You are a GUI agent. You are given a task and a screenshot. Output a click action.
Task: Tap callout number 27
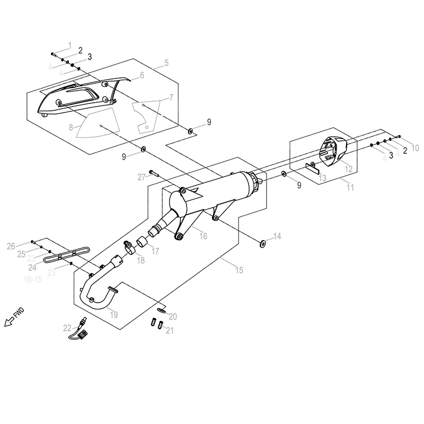pos(142,176)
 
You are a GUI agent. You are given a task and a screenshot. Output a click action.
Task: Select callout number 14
pos(277,236)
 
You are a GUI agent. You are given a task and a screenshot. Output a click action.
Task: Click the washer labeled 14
pos(262,243)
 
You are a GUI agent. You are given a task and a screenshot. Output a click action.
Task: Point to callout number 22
pos(67,328)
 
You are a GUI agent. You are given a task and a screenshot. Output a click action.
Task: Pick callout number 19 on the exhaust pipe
pos(113,314)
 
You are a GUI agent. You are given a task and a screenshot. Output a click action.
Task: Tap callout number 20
pos(173,316)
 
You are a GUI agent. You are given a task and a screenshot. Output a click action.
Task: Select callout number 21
pos(170,331)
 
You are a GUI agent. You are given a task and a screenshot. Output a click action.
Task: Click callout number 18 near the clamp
pos(140,260)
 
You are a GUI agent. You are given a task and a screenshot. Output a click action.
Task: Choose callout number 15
pos(239,270)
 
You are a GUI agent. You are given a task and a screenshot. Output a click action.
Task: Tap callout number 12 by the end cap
pos(348,169)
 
